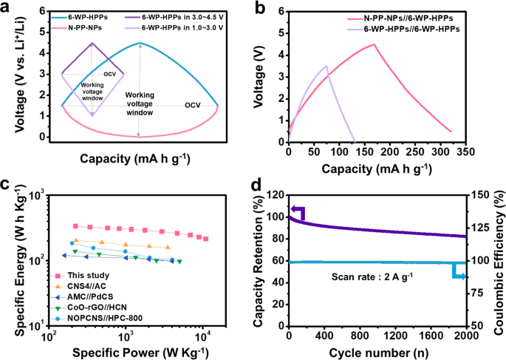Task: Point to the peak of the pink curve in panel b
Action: [375, 45]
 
